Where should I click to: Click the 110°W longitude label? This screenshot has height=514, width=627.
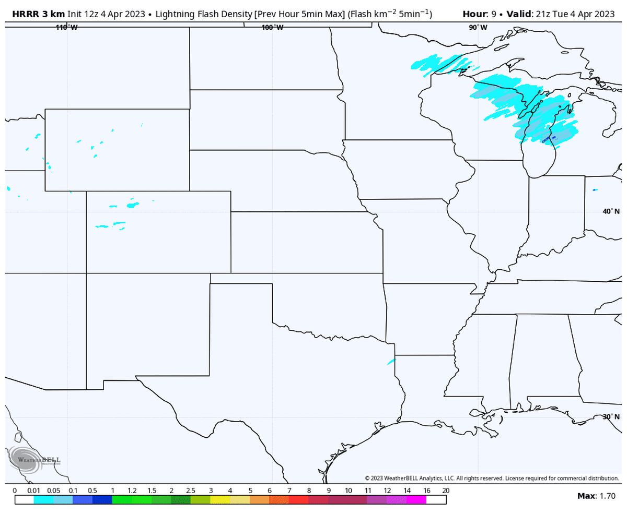coord(66,28)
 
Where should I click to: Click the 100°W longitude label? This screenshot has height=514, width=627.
coord(272,28)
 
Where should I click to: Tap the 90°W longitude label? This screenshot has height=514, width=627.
coord(478,28)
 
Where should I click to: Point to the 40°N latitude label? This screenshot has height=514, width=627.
coord(611,211)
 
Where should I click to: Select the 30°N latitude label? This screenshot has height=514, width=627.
coord(611,417)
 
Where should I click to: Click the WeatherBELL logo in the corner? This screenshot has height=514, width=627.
coord(34,460)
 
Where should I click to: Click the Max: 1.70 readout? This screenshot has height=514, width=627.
coord(596,496)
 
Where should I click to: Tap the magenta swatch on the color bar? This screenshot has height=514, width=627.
coord(416,499)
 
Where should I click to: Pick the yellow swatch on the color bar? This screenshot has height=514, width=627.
coord(220,499)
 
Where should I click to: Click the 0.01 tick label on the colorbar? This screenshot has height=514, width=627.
coord(34,491)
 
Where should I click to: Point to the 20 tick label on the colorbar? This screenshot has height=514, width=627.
coord(445,491)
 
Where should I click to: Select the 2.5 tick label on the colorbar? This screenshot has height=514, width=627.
coord(191,491)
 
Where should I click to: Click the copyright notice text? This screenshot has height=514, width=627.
coord(491,478)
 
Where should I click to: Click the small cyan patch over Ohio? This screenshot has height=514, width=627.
coord(595,190)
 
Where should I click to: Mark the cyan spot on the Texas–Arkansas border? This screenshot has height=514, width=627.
coord(391,361)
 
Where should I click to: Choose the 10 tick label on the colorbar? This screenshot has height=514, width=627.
coord(348,491)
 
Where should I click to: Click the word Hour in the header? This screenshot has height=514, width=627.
coord(475,14)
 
